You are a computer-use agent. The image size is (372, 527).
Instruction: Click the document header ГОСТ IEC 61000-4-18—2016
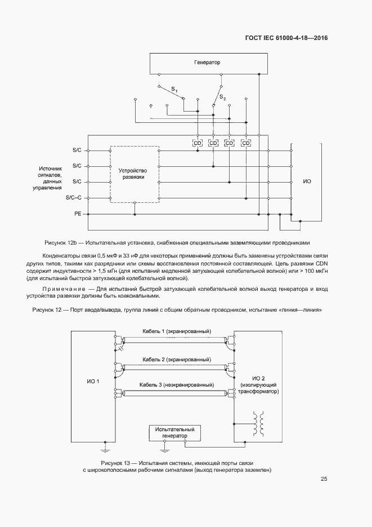tap(286, 38)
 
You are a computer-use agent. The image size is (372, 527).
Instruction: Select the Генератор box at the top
tap(207, 63)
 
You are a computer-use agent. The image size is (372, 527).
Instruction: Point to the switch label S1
tap(174, 90)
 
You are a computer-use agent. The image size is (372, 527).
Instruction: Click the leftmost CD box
tap(197, 144)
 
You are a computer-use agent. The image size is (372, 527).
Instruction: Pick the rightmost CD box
tap(245, 144)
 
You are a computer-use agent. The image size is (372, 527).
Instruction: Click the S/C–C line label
tap(74, 198)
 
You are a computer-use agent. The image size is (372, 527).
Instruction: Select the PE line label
tap(78, 214)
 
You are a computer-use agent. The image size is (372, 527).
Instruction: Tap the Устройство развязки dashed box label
tap(134, 174)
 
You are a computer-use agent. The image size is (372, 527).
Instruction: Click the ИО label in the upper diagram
tap(307, 181)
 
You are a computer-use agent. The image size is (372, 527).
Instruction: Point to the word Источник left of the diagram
tap(50, 169)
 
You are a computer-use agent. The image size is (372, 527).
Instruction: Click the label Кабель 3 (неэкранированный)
tap(177, 384)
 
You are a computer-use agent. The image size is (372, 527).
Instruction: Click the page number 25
tap(324, 479)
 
